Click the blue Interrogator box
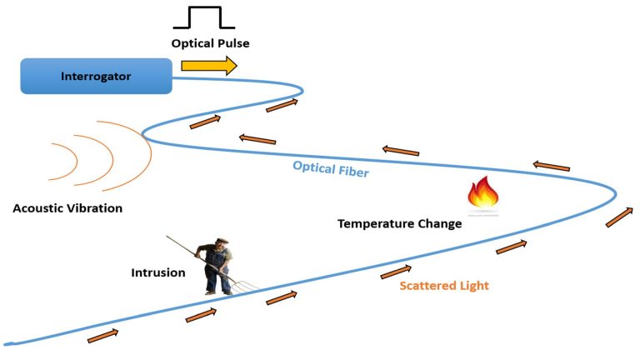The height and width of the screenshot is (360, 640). click(96, 77)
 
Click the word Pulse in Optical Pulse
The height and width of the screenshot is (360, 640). click(232, 43)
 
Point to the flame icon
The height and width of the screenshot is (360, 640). click(483, 195)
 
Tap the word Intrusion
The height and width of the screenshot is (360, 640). click(158, 272)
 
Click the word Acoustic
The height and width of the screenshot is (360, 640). click(41, 208)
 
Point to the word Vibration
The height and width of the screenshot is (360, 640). click(96, 208)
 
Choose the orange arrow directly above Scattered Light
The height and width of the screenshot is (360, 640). click(396, 272)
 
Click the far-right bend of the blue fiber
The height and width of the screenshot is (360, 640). click(616, 195)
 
